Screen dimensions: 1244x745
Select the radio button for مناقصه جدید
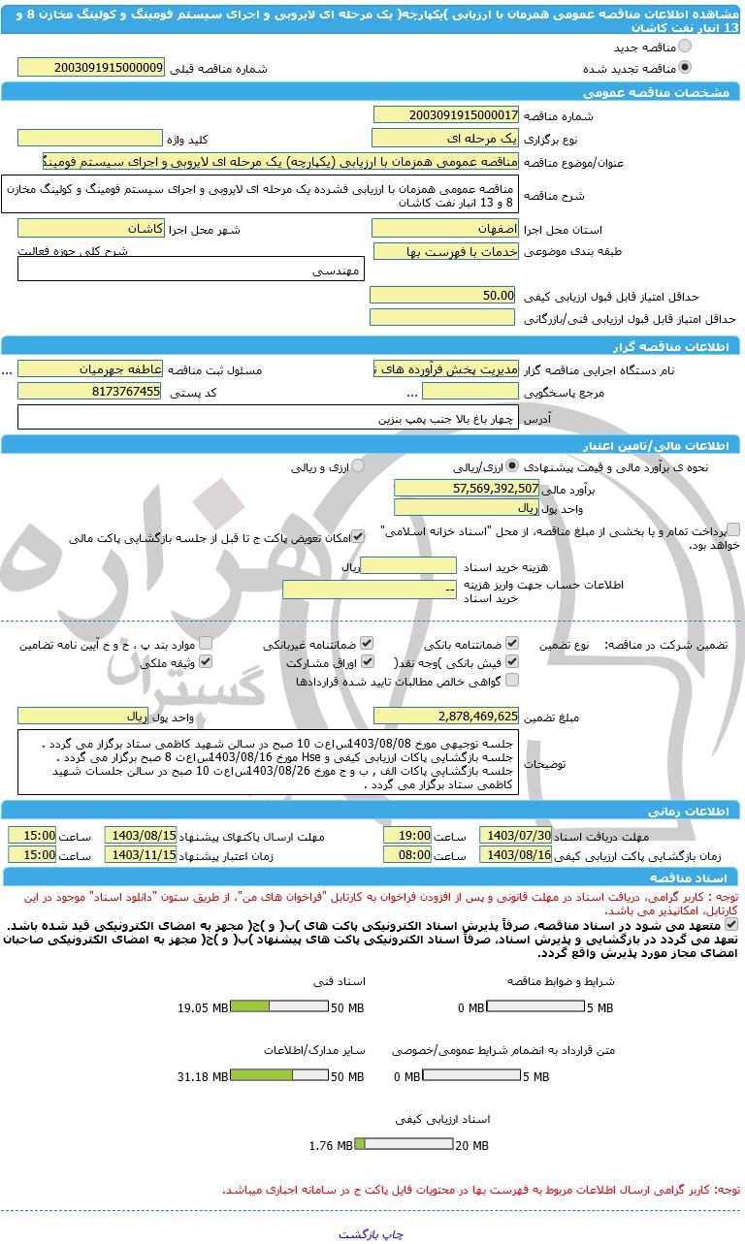click(686, 46)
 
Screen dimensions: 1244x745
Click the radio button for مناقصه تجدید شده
click(686, 68)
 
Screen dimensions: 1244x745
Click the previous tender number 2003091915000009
click(91, 68)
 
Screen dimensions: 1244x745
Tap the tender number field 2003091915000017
click(446, 114)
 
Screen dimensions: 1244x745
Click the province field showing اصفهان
click(446, 229)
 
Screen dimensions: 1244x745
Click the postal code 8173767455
click(91, 391)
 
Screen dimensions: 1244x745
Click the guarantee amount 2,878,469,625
click(446, 716)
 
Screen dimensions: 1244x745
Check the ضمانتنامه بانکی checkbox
click(512, 643)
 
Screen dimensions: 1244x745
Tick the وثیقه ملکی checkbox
click(205, 662)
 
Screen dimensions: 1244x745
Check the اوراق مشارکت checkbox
click(366, 662)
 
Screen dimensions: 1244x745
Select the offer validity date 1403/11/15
click(141, 854)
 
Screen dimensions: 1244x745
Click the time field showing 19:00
click(407, 835)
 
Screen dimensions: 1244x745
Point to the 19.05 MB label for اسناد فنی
click(202, 1008)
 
